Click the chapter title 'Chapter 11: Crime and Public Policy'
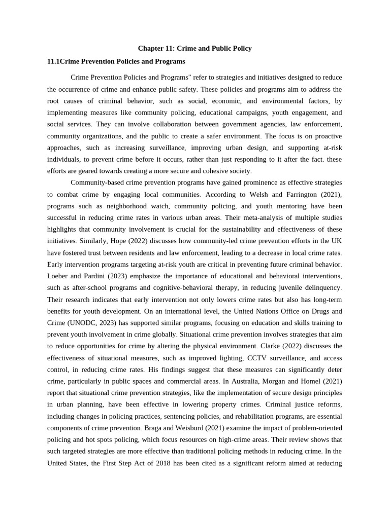click(195, 48)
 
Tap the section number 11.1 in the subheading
click(53, 61)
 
